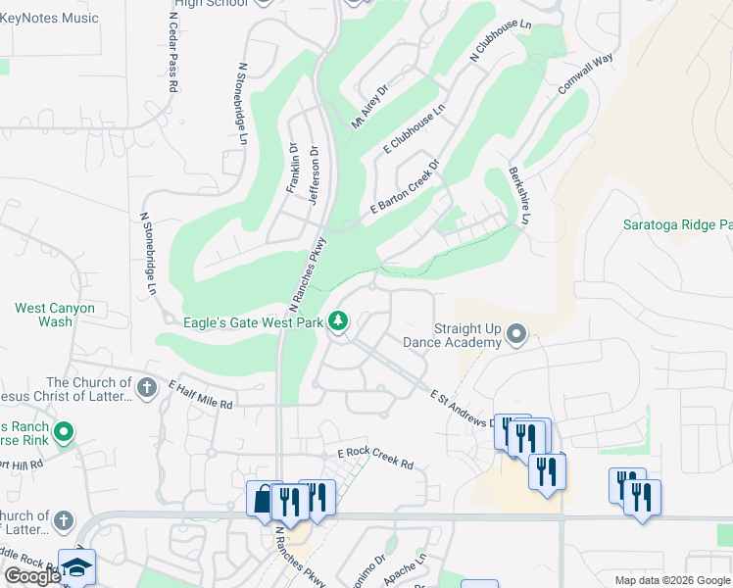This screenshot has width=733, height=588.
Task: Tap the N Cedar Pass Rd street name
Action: [172, 53]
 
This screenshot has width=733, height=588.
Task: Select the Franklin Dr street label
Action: [292, 168]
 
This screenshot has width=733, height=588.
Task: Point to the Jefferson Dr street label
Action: [314, 175]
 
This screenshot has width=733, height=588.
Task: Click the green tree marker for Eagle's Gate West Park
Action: [338, 320]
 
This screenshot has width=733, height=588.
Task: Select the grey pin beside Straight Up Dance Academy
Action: [516, 336]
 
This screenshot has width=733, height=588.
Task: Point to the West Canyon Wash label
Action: [55, 315]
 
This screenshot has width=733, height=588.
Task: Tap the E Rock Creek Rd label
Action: [375, 459]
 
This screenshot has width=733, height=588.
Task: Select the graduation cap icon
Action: [77, 568]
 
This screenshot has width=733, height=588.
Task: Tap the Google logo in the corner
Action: [32, 576]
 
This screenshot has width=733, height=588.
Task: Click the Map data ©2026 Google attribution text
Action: [671, 580]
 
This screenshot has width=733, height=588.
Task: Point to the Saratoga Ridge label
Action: [677, 224]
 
